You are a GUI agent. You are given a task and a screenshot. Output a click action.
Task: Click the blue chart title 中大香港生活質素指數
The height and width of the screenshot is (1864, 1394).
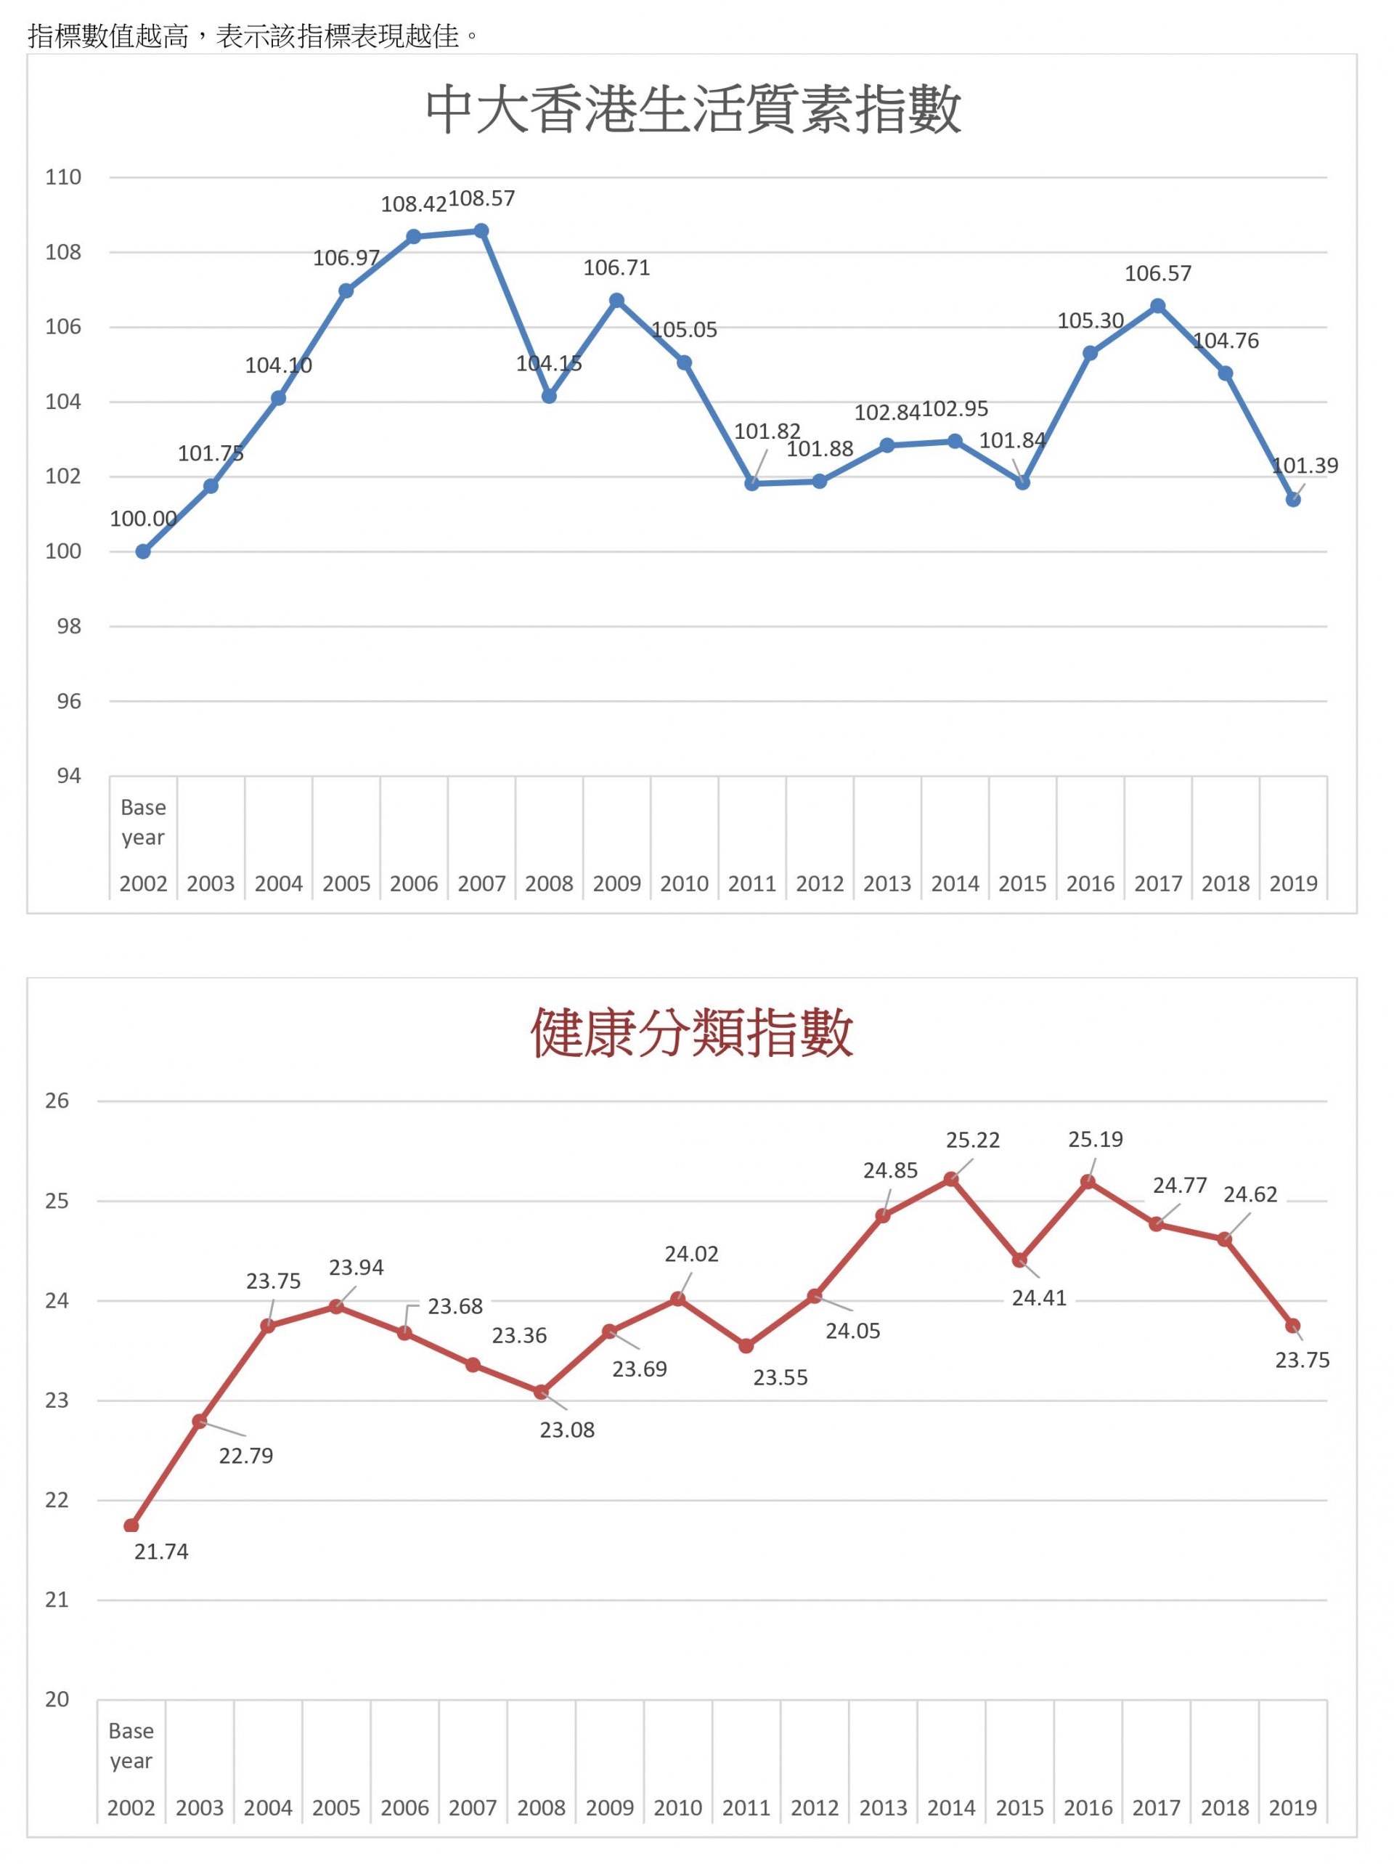point(693,110)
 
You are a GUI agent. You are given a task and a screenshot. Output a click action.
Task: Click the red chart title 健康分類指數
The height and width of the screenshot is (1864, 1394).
point(693,1032)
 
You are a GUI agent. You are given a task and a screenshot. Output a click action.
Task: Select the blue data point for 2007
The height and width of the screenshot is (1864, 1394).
point(481,231)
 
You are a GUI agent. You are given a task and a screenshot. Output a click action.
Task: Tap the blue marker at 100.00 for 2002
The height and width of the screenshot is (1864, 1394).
point(143,552)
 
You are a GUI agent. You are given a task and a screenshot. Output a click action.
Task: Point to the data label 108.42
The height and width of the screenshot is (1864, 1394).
point(414,205)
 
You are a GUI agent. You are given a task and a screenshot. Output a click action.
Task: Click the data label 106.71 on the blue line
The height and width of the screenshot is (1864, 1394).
point(616,268)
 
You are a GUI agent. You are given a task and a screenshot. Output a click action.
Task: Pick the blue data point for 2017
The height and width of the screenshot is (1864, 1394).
point(1157,306)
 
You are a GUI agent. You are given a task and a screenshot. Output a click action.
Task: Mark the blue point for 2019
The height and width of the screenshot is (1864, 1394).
point(1293,500)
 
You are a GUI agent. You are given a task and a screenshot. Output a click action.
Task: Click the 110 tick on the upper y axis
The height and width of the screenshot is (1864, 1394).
point(63,178)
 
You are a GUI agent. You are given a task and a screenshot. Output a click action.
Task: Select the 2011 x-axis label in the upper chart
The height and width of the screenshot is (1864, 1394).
point(751,884)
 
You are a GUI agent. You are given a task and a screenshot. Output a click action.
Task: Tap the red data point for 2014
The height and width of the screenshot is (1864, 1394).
point(951,1179)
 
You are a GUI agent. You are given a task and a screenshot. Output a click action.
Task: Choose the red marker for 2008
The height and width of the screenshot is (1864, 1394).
point(541,1392)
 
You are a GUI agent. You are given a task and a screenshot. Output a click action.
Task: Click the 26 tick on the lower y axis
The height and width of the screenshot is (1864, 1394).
point(57,1101)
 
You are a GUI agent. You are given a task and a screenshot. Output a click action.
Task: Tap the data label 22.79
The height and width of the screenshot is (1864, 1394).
point(246,1455)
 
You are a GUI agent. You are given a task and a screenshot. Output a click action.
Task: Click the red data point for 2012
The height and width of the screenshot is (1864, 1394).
point(815,1296)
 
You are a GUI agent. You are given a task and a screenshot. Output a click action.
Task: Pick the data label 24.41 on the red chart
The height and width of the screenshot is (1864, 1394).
point(1038,1297)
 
